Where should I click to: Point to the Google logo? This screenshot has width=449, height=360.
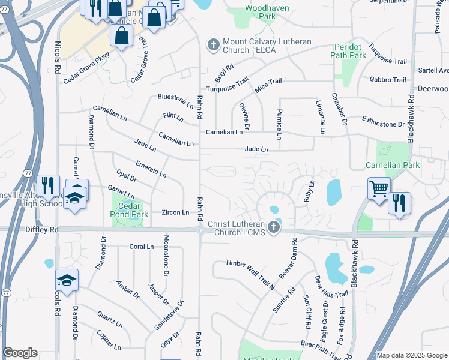pyautogui.click(x=20, y=353)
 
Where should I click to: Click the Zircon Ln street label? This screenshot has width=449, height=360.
pyautogui.click(x=175, y=212)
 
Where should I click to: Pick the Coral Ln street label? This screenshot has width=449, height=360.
pyautogui.click(x=142, y=247)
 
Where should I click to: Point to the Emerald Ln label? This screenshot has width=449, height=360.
pyautogui.click(x=151, y=169)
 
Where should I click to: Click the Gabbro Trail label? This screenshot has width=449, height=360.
pyautogui.click(x=388, y=79)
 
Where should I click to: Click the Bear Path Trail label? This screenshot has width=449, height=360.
pyautogui.click(x=321, y=346)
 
